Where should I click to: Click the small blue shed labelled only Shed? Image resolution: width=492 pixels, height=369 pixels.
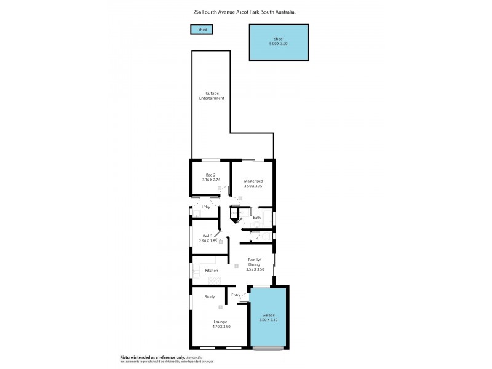click(202, 30)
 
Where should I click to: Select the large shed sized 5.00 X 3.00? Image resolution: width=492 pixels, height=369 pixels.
click(278, 42)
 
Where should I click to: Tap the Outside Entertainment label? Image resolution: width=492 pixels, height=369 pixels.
click(211, 96)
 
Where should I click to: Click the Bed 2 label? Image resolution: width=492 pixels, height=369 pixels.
click(211, 175)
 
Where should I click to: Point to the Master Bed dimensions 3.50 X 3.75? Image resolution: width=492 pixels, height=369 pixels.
click(253, 186)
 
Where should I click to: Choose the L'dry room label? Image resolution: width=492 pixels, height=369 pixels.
click(206, 207)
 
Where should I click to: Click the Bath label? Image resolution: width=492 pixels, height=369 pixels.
click(256, 217)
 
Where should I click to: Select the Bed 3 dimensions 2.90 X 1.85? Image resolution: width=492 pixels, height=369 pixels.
click(207, 241)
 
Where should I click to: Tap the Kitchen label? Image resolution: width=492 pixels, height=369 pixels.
click(212, 271)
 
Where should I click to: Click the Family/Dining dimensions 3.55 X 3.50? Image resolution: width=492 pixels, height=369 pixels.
click(255, 269)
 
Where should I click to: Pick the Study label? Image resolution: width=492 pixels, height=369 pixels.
click(210, 297)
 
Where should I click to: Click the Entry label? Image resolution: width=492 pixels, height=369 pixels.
click(236, 295)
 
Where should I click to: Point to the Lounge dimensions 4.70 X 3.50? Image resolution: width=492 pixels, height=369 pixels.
click(220, 327)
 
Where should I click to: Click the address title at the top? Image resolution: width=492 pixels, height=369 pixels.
click(245, 11)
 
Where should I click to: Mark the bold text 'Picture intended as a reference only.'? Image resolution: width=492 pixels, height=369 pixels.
click(152, 357)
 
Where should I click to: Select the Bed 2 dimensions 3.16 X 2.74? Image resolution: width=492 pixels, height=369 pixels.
click(211, 180)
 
